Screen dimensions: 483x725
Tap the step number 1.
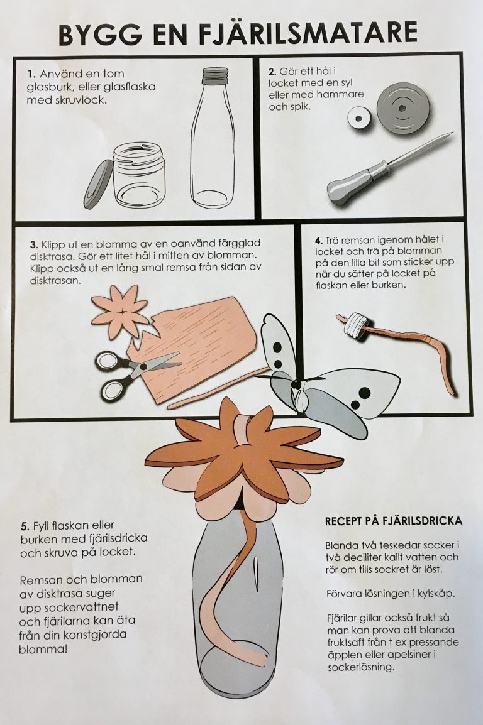tap(31, 74)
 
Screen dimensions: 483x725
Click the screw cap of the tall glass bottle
tap(215, 72)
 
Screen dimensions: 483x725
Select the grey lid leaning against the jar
tap(97, 184)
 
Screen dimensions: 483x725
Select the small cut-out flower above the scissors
tap(119, 312)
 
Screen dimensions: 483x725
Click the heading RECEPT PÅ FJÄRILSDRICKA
tap(393, 521)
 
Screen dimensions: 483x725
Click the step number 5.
tap(25, 526)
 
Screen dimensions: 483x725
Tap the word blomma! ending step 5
tap(43, 649)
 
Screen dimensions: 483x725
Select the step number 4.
tap(318, 241)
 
